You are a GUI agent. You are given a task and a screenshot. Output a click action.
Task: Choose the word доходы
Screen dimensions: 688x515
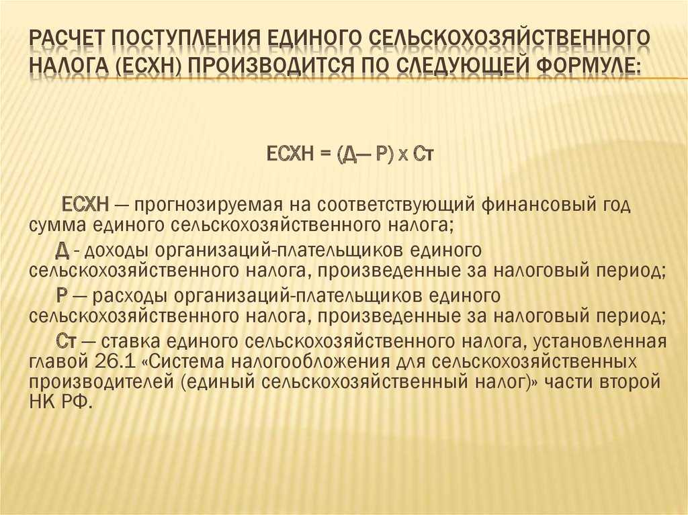point(117,250)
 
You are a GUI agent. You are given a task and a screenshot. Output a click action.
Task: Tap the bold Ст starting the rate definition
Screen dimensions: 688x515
point(67,341)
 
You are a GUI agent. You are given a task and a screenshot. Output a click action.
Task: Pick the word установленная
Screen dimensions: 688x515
point(599,341)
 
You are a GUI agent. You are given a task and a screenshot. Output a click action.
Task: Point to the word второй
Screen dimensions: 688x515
point(628,381)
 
